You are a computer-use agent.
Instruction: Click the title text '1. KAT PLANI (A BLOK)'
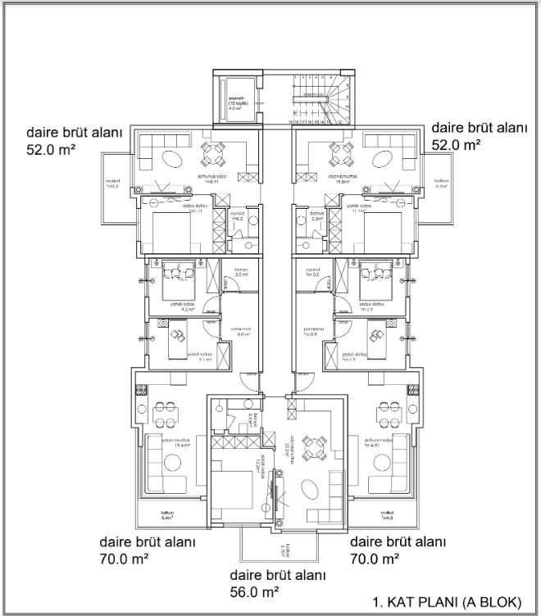click(x=446, y=601)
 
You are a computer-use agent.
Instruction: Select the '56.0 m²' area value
click(x=260, y=590)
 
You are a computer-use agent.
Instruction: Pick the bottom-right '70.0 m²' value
click(x=375, y=559)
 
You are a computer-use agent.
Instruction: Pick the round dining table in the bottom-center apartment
click(x=314, y=446)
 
